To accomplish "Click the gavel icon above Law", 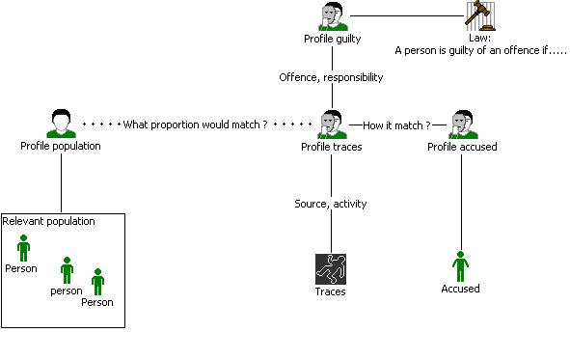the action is tap(480, 16).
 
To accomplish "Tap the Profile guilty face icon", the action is tap(333, 16).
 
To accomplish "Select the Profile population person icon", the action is tap(61, 124).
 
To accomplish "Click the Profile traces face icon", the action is tap(332, 125).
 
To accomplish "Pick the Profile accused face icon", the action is tap(463, 125).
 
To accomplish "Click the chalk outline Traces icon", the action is tap(331, 269).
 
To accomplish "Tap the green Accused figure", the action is tap(461, 266).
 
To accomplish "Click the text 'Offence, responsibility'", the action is tap(331, 77).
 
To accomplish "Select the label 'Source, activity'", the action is tap(331, 204).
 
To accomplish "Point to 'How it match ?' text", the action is tap(396, 125).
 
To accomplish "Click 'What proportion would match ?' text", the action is tap(195, 125).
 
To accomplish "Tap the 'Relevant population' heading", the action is tap(49, 221).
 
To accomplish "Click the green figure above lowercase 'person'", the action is tap(67, 270).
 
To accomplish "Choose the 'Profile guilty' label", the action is tap(332, 39).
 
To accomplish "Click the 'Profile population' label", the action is tap(61, 146).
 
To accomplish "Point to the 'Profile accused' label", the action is tap(462, 147).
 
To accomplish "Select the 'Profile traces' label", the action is tap(332, 147).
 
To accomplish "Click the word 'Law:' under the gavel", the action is tap(479, 38).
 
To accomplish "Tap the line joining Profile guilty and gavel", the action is tap(407, 16).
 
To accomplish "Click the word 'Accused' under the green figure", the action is tap(460, 289).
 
